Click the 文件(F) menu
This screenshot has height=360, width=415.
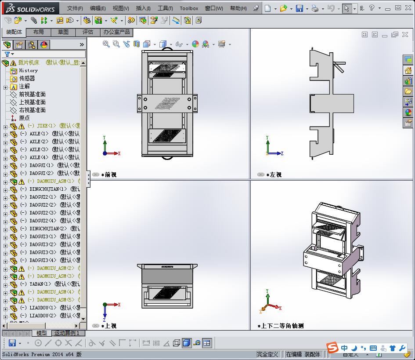click(75, 8)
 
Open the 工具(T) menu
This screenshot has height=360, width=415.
click(165, 8)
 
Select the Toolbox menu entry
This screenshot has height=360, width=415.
click(189, 8)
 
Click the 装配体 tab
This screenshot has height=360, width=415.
click(14, 32)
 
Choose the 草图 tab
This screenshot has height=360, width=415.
click(63, 32)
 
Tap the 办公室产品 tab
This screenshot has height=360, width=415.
click(116, 32)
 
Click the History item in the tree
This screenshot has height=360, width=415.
click(28, 70)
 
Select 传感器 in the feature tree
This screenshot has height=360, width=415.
click(27, 78)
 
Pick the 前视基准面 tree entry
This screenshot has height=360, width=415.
click(32, 94)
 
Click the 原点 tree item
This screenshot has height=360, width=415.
click(24, 118)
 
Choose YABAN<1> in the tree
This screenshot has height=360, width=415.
click(40, 284)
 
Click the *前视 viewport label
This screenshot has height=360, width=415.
click(108, 175)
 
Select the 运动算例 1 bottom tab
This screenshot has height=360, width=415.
click(66, 333)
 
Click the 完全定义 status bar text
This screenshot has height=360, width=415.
click(267, 354)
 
